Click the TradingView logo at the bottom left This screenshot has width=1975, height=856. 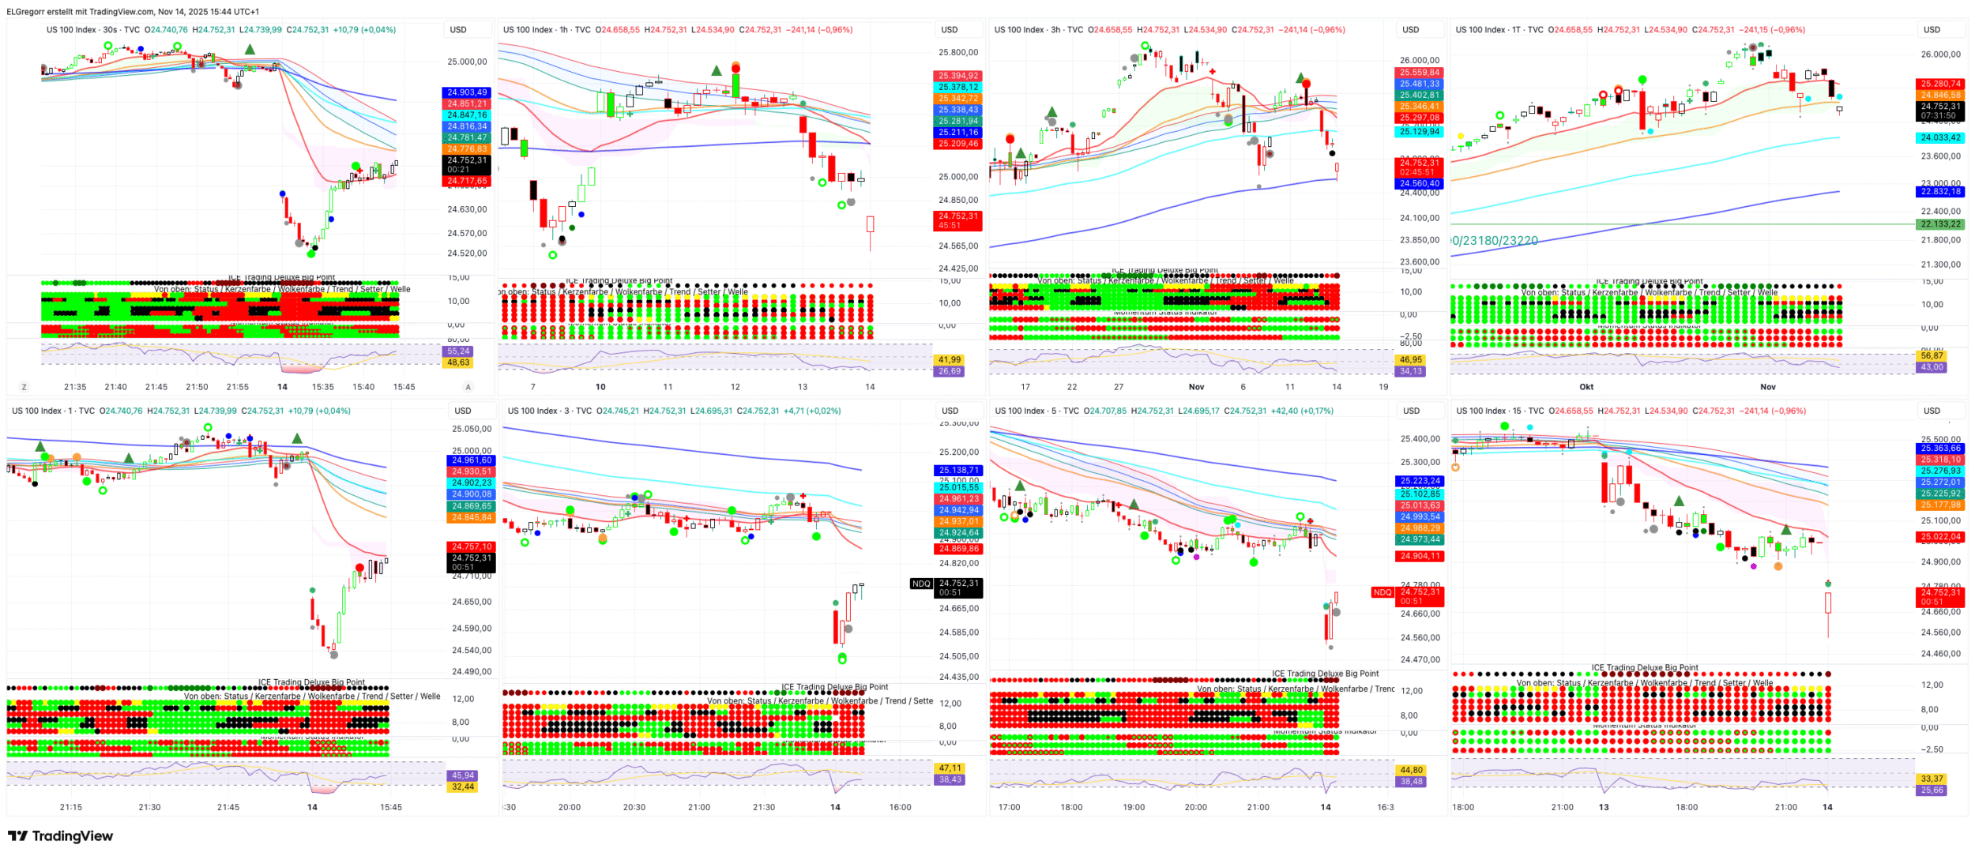coord(61,836)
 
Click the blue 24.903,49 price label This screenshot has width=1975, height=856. coord(467,92)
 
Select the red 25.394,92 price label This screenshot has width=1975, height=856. coord(957,76)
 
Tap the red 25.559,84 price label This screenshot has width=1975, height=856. coord(1419,73)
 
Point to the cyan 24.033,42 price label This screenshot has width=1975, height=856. coord(1940,137)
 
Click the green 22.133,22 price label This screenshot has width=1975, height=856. coord(1940,224)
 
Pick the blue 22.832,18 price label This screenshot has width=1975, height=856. coord(1940,192)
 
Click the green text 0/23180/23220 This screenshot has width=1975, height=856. coord(1495,241)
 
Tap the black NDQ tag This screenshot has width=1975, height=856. coord(921,584)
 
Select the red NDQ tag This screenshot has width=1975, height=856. coord(1382,593)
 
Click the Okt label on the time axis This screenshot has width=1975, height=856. coord(1586,387)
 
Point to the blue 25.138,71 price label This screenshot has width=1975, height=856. coord(958,471)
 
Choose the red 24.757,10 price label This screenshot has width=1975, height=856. coord(471,546)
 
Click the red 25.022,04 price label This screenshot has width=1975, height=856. coord(1940,537)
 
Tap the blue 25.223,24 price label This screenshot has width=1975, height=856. coord(1420,481)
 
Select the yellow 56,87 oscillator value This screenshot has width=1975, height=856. coord(1932,355)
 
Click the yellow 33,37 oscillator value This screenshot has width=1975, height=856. coord(1932,779)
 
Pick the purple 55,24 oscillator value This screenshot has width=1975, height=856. coord(458,351)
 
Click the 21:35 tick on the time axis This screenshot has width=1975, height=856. coord(75,387)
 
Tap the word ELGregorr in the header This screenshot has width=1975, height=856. coord(26,12)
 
